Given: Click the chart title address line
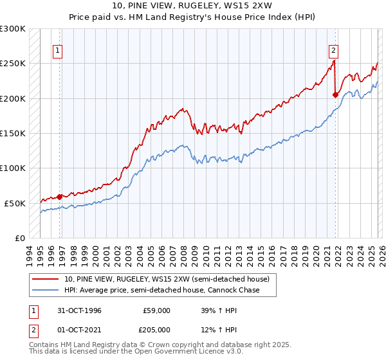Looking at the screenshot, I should pos(192,6).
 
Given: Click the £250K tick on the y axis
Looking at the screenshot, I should pos(13,64).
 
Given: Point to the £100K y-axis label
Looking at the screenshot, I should pos(13,168).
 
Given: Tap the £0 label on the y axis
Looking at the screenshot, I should pos(20,238).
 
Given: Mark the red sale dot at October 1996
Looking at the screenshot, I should pos(60,197).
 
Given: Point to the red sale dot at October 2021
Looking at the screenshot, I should pos(335,94).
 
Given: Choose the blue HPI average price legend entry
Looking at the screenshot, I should pos(161,290).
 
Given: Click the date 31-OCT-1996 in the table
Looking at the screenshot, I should pos(80,310).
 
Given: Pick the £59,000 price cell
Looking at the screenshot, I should pos(157,310).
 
